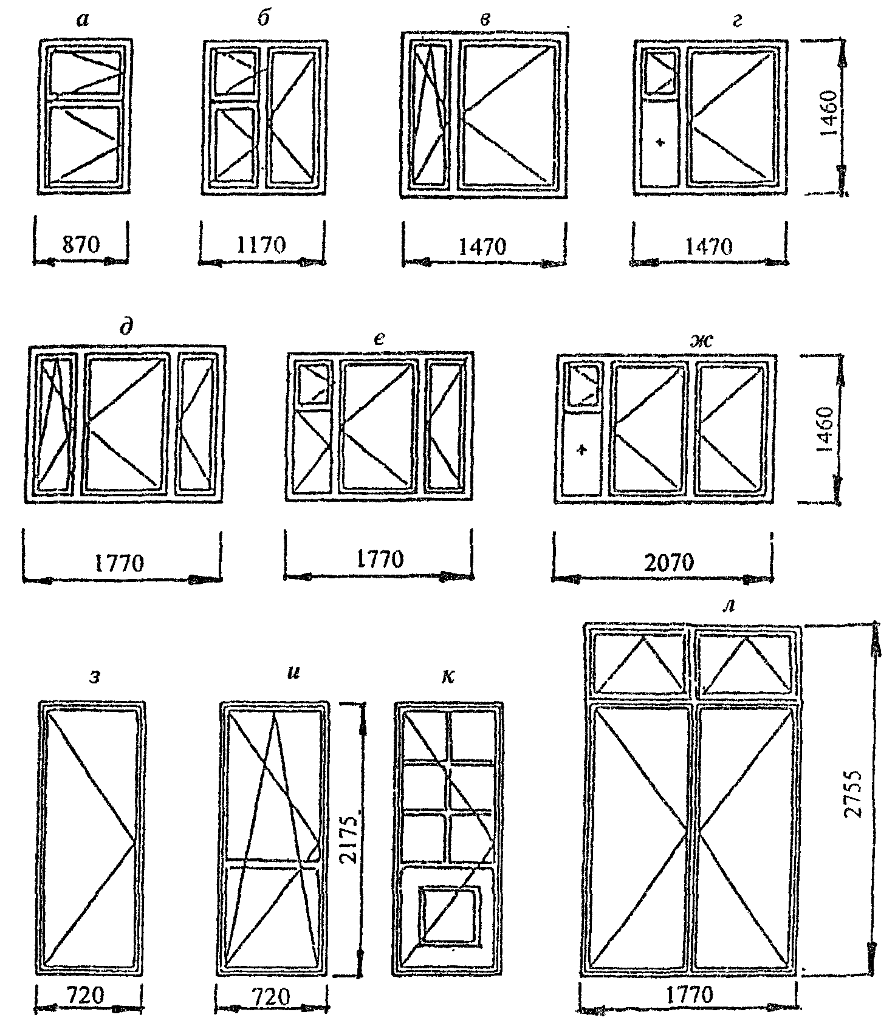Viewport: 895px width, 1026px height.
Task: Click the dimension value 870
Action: coord(81,245)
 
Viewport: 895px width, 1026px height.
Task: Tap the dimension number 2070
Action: coord(668,563)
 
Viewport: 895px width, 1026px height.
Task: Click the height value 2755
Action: coord(854,795)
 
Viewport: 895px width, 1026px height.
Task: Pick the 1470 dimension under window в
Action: coord(482,247)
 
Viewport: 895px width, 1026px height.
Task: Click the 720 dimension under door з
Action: coord(86,995)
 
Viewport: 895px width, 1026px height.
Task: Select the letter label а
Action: coord(83,21)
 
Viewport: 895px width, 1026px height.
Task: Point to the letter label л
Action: coord(732,607)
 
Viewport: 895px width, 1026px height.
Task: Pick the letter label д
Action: coord(126,327)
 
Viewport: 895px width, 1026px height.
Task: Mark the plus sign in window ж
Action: coord(582,450)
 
